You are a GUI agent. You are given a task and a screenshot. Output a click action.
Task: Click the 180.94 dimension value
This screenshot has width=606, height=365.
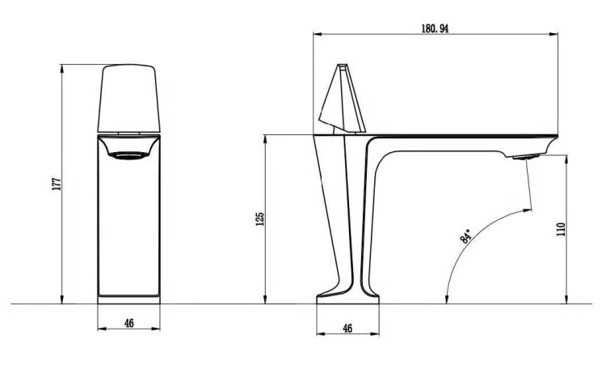(x=435, y=28)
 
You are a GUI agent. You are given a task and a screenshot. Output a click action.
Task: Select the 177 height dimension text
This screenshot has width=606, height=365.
(x=57, y=184)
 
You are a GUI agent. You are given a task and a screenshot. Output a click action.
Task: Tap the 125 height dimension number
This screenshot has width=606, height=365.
(x=259, y=219)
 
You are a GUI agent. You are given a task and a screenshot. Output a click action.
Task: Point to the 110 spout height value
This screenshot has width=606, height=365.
(x=561, y=230)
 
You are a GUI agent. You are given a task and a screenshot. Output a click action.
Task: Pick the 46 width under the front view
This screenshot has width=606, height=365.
(x=129, y=323)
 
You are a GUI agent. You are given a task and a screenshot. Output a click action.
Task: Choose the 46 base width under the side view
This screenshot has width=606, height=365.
(x=347, y=329)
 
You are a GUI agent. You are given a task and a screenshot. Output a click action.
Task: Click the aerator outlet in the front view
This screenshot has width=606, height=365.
(x=128, y=155)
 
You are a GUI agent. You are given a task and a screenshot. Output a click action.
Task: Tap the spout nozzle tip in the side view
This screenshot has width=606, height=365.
(x=526, y=157)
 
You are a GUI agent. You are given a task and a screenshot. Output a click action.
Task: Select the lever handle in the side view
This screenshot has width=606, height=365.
(x=343, y=100)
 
